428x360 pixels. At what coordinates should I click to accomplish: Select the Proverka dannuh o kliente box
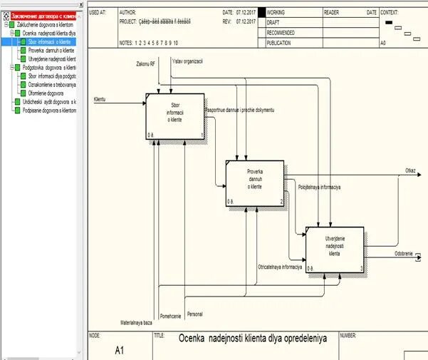(255, 182)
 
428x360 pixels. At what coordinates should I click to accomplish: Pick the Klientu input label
(100, 99)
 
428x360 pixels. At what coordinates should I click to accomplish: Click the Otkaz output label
(410, 171)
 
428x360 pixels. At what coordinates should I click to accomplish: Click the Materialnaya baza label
(136, 323)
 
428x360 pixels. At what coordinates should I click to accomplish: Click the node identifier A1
(119, 351)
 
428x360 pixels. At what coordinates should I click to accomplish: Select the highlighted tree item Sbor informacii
(49, 42)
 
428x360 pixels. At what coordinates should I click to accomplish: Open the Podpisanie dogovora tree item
(49, 110)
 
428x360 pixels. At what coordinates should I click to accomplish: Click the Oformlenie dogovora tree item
(46, 93)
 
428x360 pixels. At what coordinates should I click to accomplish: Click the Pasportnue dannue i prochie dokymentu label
(239, 110)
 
